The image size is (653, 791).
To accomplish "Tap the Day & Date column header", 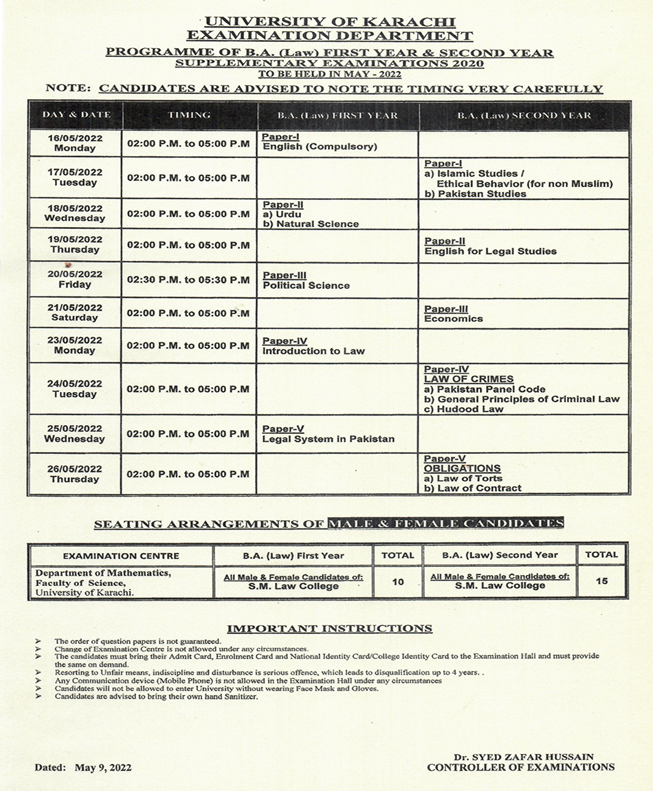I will coord(76,115).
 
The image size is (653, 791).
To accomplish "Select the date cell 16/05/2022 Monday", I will coord(76,143).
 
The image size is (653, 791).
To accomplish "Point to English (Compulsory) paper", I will coord(310,147).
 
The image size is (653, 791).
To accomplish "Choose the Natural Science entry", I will coord(316,224).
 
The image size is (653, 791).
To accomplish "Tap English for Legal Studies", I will coord(491,251).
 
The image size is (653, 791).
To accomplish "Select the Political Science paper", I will coord(306,285).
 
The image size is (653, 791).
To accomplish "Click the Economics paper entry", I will coord(454,318).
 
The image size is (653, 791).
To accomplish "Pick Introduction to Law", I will coord(313,351).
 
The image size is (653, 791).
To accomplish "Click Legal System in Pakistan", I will coord(329,439).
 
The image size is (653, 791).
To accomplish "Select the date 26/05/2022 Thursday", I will coord(75,474).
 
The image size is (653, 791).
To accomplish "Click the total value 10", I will coord(398,582).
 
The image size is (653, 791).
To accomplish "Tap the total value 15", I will coord(601,581).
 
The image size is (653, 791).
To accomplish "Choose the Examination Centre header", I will coord(121,556).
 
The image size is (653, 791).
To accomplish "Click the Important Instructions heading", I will coord(330,628).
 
